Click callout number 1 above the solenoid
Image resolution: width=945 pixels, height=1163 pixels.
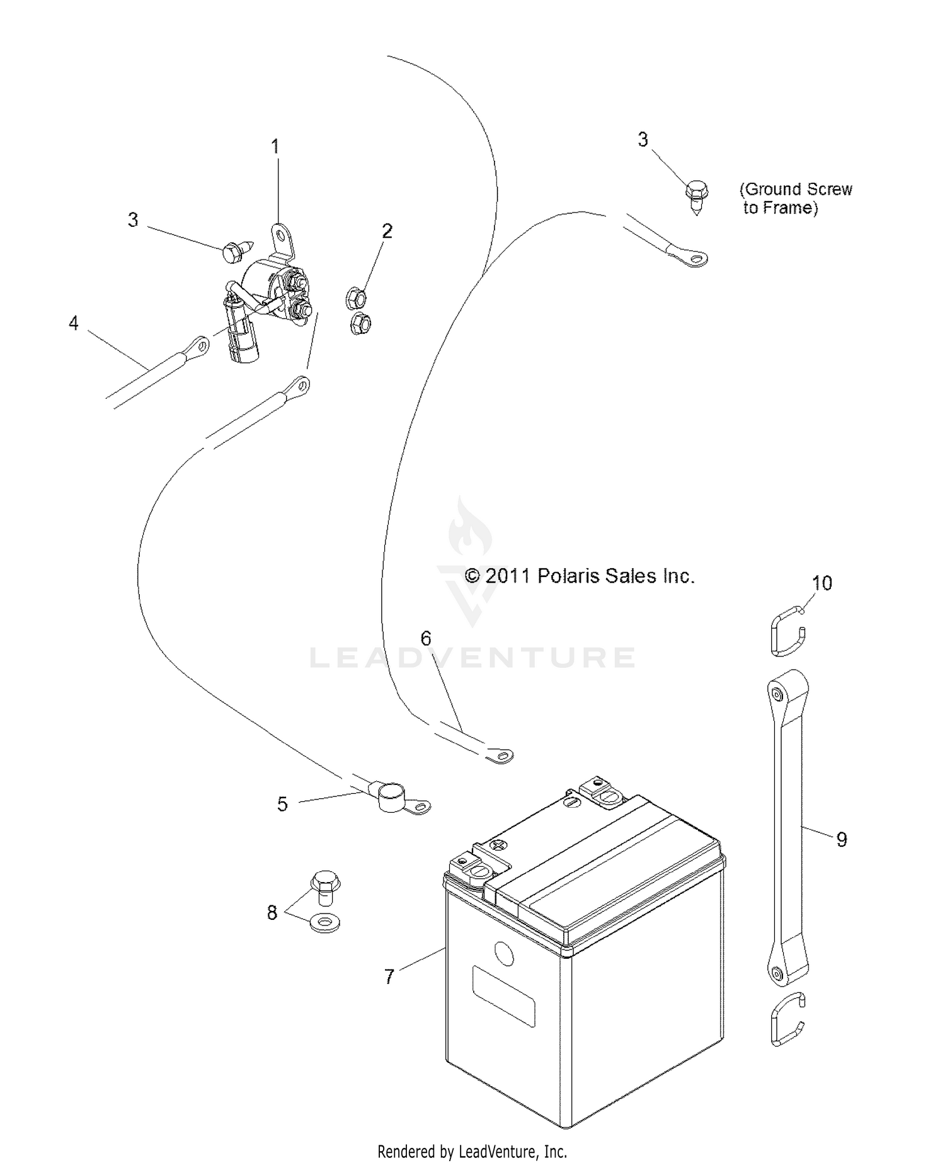click(x=275, y=147)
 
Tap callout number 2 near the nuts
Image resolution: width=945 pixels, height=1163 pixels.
click(x=387, y=231)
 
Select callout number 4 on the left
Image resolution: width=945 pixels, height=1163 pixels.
click(x=74, y=323)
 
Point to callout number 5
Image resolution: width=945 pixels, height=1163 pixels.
click(x=282, y=804)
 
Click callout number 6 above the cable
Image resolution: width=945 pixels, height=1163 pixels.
click(x=426, y=638)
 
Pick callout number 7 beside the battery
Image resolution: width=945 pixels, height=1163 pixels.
click(x=389, y=977)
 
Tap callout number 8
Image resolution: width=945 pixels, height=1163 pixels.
click(x=272, y=912)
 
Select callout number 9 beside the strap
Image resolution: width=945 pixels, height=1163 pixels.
click(x=842, y=839)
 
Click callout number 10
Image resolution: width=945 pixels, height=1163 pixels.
click(x=822, y=583)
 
